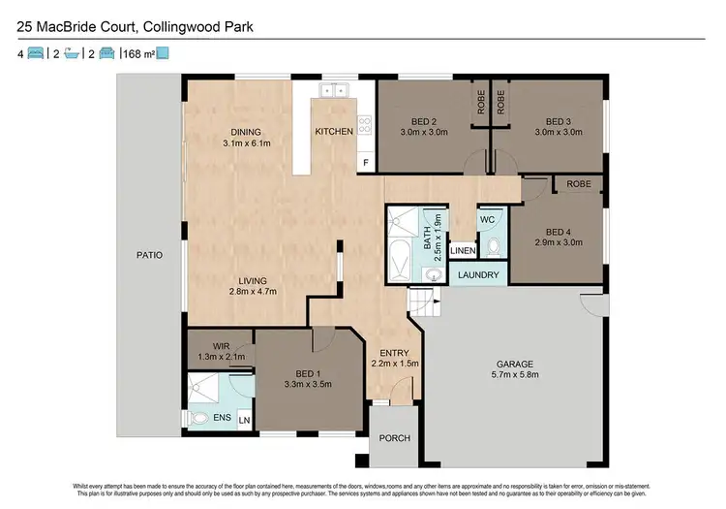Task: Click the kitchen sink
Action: [x=335, y=90]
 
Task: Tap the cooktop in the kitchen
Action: [x=365, y=124]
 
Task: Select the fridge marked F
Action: [x=366, y=161]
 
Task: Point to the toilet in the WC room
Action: [x=494, y=247]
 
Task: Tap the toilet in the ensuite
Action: [x=201, y=420]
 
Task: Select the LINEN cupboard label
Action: [x=464, y=252]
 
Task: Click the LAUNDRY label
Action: [x=478, y=275]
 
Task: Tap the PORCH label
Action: [x=394, y=438]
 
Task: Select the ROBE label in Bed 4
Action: [x=579, y=183]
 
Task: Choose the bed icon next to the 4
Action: [x=35, y=53]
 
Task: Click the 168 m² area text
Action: [x=137, y=53]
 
